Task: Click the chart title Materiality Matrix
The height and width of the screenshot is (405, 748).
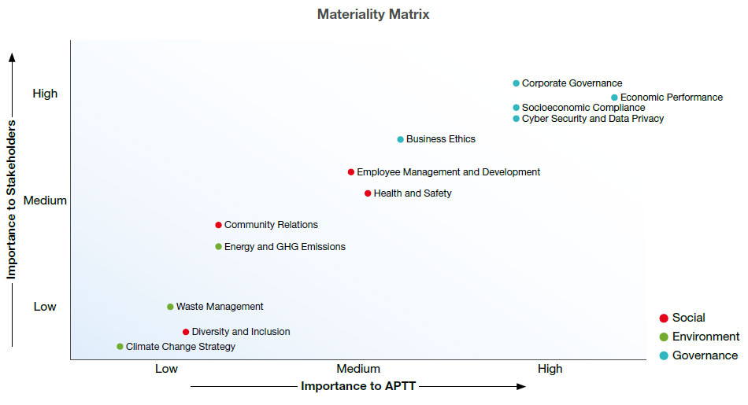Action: pos(373,14)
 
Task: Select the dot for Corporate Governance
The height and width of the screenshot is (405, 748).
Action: pos(517,83)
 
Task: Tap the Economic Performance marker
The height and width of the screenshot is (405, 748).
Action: pos(615,98)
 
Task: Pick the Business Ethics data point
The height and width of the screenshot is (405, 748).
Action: pos(401,139)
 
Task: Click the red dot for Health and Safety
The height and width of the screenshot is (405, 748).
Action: pos(368,193)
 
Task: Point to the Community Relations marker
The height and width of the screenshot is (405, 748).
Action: pos(219,225)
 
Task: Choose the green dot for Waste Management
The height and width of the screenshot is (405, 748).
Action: pos(170,307)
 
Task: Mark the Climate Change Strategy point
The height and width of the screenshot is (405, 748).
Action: pos(120,347)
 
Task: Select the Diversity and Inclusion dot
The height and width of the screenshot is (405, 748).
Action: pos(186,332)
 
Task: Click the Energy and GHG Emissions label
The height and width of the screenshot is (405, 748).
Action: pos(284,247)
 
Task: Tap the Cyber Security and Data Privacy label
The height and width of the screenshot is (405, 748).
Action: pos(592,119)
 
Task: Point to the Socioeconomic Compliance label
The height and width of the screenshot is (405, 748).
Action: pos(583,108)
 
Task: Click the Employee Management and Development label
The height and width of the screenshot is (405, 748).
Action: pos(448,172)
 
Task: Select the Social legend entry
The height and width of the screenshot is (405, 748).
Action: pos(688,318)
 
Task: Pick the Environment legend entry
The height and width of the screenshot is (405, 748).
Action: pos(705,337)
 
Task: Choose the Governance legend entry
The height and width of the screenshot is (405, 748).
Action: pos(705,355)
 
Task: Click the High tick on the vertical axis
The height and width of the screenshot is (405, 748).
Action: pos(45,94)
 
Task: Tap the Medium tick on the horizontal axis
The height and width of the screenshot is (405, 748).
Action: pos(358,369)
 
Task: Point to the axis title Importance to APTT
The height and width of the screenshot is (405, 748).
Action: pos(358,386)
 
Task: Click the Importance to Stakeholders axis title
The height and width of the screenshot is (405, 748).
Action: pos(12,201)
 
